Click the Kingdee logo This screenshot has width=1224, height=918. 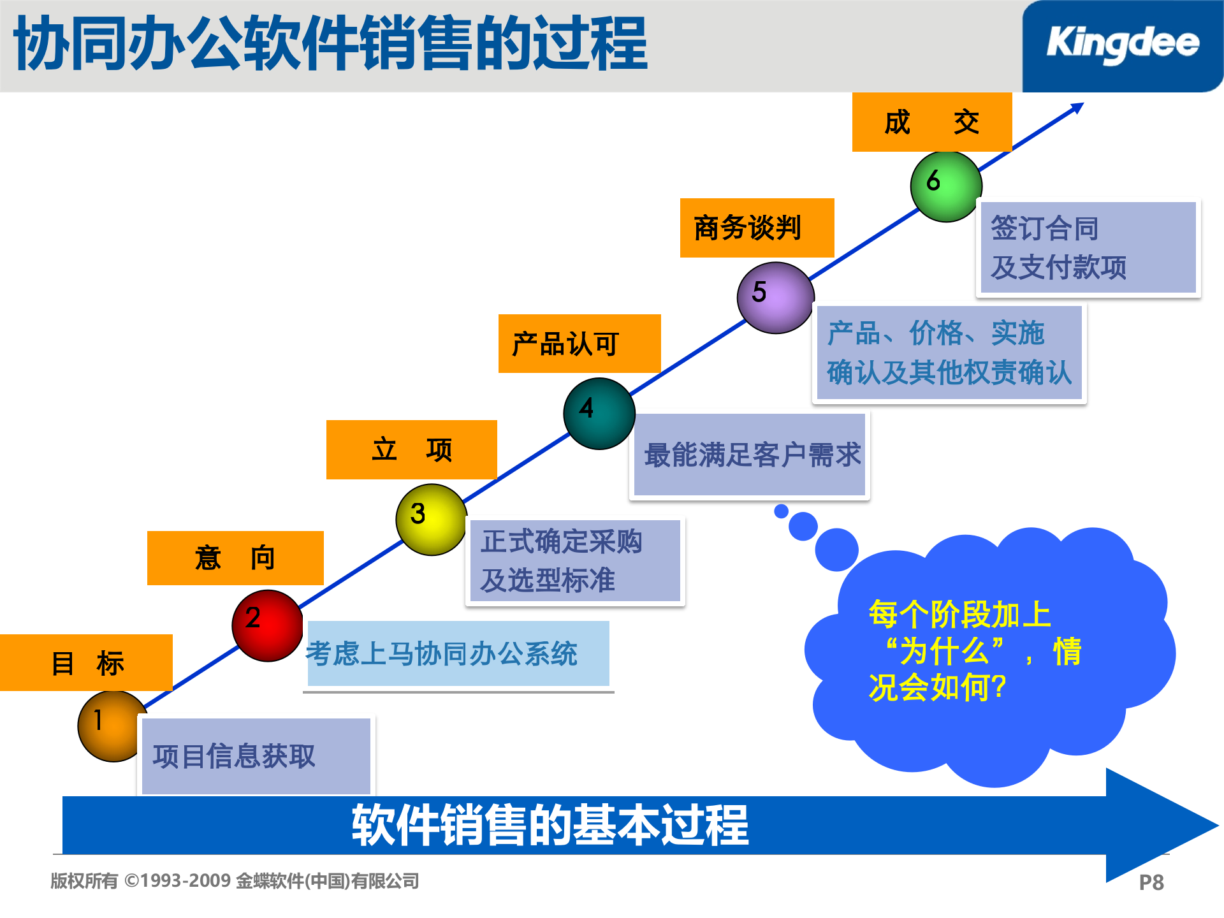pyautogui.click(x=1122, y=45)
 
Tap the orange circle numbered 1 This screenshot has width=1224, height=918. pyautogui.click(x=112, y=726)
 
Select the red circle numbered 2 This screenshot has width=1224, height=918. pyautogui.click(x=267, y=625)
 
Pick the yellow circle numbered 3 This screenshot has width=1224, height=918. pyautogui.click(x=431, y=520)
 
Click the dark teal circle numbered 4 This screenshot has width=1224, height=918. pyautogui.click(x=599, y=414)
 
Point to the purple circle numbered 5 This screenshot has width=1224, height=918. pyautogui.click(x=775, y=298)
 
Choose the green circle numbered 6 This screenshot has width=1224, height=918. pyautogui.click(x=946, y=186)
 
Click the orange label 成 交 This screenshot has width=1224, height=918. pyautogui.click(x=931, y=122)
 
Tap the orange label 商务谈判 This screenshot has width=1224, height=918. pyautogui.click(x=757, y=228)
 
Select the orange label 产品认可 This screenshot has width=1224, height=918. pyautogui.click(x=579, y=344)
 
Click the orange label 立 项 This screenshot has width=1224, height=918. pyautogui.click(x=411, y=449)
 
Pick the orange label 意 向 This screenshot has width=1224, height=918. pyautogui.click(x=235, y=558)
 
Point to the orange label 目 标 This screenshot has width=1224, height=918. pyautogui.click(x=87, y=662)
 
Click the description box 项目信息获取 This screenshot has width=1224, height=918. pyautogui.click(x=256, y=756)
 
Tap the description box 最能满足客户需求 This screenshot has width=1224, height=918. pyautogui.click(x=750, y=455)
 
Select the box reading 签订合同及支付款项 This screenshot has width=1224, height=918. pyautogui.click(x=1088, y=247)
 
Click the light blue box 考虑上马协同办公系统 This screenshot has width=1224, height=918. pyautogui.click(x=458, y=653)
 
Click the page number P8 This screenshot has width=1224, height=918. pyautogui.click(x=1151, y=882)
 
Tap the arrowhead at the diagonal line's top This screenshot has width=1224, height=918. pyautogui.click(x=1077, y=108)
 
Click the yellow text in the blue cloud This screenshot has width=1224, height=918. pyautogui.click(x=974, y=651)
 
